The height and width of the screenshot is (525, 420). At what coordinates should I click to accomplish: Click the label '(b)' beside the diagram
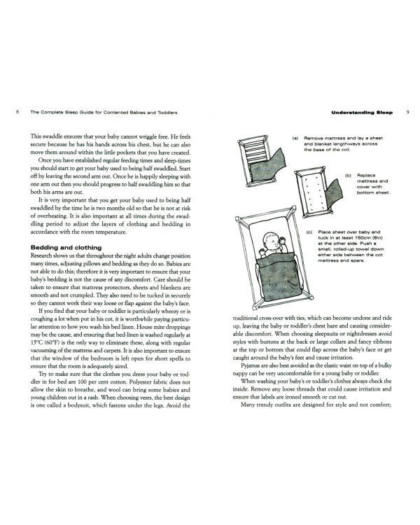pyautogui.click(x=347, y=175)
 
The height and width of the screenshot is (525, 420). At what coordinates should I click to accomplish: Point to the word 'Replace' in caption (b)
pyautogui.click(x=366, y=175)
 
